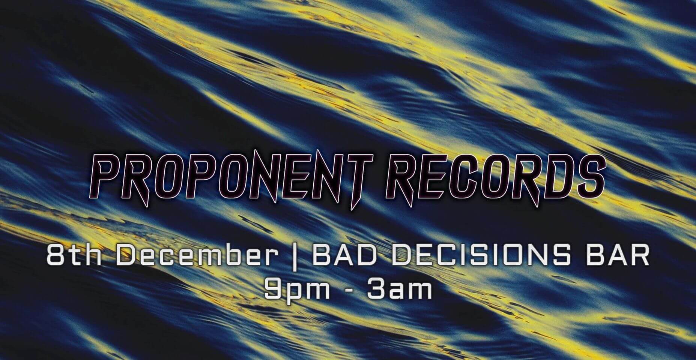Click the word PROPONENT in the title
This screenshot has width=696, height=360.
coord(230,177)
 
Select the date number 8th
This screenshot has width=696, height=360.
coord(74,256)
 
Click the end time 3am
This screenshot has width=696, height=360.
coord(400,289)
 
